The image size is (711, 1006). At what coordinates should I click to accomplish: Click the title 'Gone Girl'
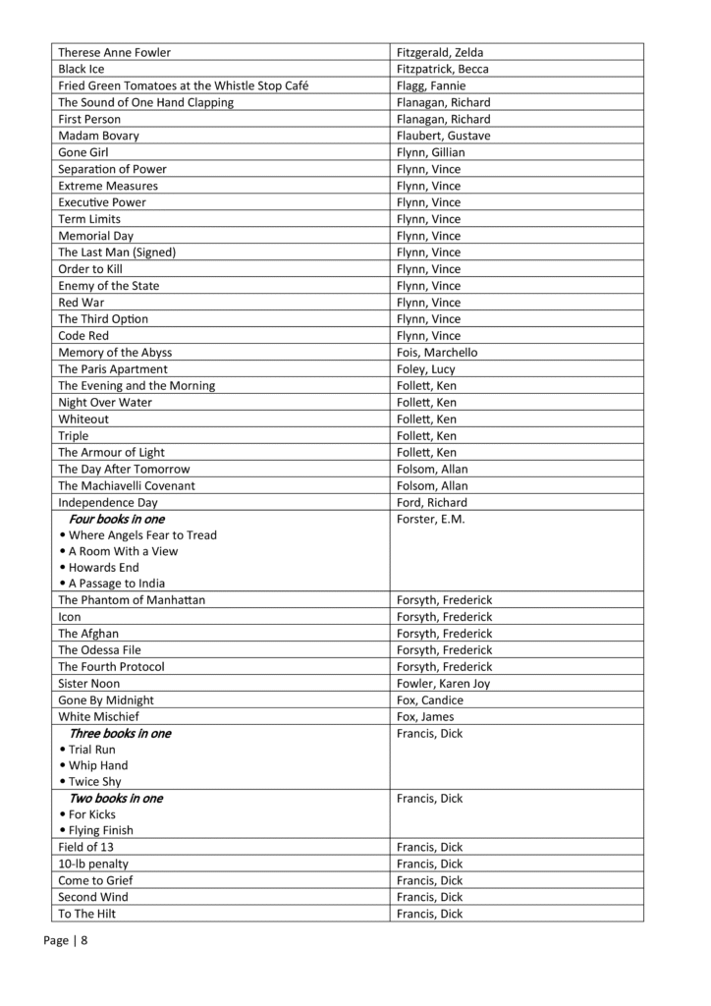[x=83, y=152]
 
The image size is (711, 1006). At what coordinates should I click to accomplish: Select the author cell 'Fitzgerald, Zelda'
[x=440, y=52]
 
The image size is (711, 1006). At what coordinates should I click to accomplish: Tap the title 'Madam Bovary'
[x=98, y=136]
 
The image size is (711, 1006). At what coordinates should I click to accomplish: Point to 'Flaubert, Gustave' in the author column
[x=443, y=136]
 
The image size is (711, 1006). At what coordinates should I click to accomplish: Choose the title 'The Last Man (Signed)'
[x=117, y=252]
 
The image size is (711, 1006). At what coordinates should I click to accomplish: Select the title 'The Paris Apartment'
[x=113, y=369]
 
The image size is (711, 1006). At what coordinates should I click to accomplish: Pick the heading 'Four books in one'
[x=117, y=519]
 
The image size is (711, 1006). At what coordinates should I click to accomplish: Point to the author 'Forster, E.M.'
[x=431, y=519]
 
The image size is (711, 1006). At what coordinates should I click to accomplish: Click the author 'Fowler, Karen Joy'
[x=443, y=684]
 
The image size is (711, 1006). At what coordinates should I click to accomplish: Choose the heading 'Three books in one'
[x=120, y=734]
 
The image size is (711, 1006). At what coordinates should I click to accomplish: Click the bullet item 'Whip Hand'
[x=98, y=765]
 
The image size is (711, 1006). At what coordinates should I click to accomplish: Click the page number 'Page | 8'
[x=66, y=940]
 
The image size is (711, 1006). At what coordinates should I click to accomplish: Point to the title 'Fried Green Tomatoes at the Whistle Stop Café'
[x=184, y=85]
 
